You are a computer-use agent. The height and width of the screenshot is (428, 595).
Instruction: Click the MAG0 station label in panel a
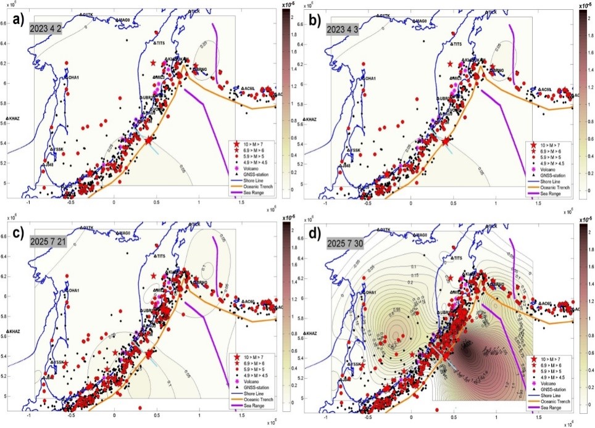124,20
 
